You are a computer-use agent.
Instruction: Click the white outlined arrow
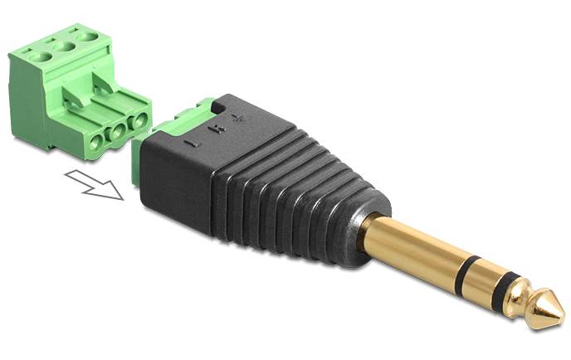point(94,184)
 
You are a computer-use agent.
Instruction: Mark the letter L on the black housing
point(194,143)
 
